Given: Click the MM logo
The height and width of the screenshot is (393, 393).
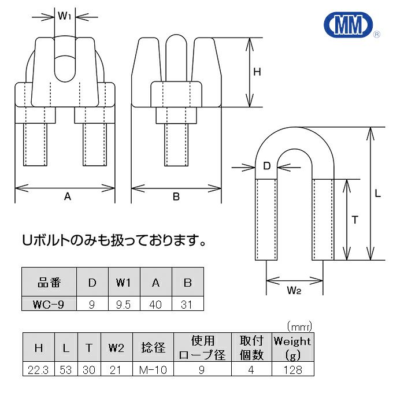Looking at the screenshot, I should point(346,25).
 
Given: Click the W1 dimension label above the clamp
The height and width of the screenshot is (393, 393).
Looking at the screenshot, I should point(64,15).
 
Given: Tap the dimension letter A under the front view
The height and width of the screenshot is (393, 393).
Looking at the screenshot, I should point(67,196).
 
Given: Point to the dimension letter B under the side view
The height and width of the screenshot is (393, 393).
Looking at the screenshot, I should point(176,196).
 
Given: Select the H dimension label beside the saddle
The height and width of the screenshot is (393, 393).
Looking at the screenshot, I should point(257,72).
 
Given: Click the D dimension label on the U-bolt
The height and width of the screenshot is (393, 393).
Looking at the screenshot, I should point(267,166).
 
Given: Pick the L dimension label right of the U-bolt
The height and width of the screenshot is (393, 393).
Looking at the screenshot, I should point(377,194).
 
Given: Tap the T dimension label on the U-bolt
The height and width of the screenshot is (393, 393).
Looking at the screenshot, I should point(355,220).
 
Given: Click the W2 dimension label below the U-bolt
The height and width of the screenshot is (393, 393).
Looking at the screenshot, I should point(294,291).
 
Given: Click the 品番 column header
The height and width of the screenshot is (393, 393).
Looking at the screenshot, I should point(49,283).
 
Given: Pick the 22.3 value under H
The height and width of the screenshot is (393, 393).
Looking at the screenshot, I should point(39,370).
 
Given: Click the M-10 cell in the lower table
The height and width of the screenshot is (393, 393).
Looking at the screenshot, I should point(154,370).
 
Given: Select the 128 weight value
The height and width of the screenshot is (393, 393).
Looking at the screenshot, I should point(292,370).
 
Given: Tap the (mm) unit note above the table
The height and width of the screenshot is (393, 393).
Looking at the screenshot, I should point(299,327).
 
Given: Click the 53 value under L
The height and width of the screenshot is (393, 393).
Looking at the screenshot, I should point(66,370).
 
